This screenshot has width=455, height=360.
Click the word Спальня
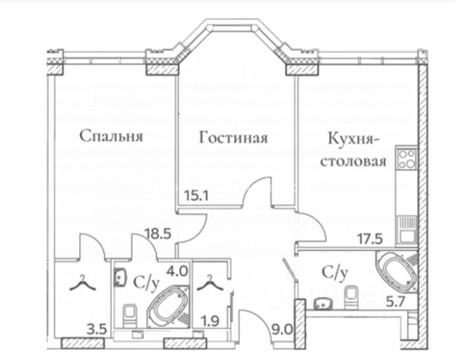pyautogui.click(x=111, y=137)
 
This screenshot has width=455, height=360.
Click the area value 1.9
pyautogui.click(x=211, y=324)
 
